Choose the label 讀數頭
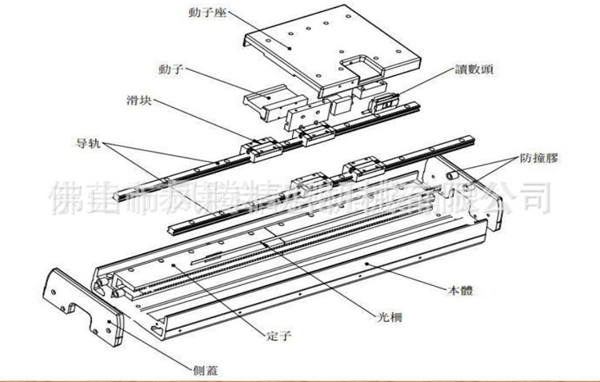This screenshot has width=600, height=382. [x=476, y=70]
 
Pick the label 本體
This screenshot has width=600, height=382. [x=466, y=291]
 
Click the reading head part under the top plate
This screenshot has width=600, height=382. [x=382, y=100]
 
